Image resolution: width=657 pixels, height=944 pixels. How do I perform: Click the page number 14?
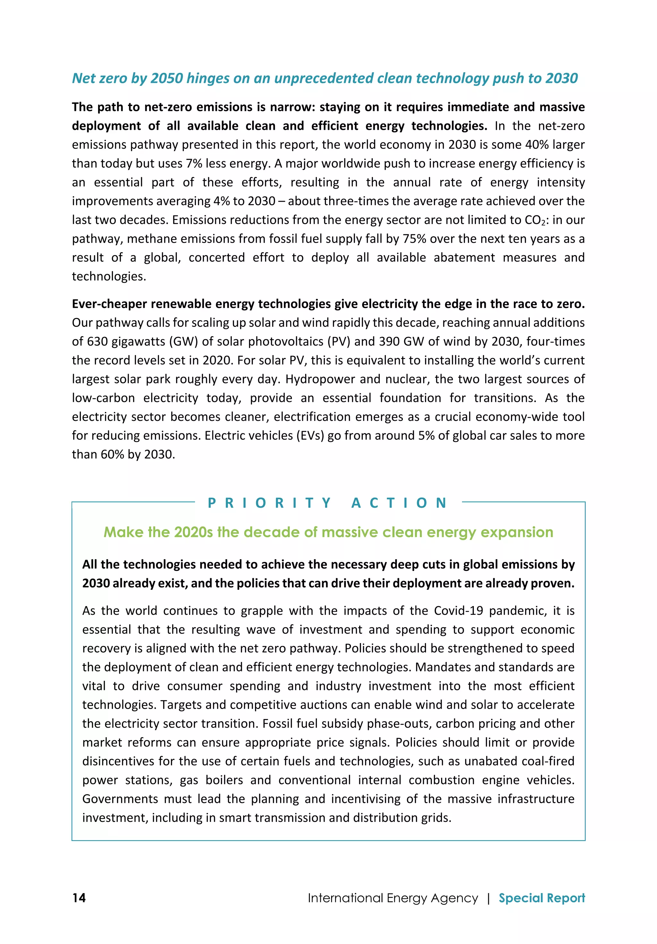pos(79,898)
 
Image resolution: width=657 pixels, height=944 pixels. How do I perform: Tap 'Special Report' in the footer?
pos(542,898)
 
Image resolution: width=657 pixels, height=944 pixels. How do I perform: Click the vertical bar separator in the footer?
pos(488,898)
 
